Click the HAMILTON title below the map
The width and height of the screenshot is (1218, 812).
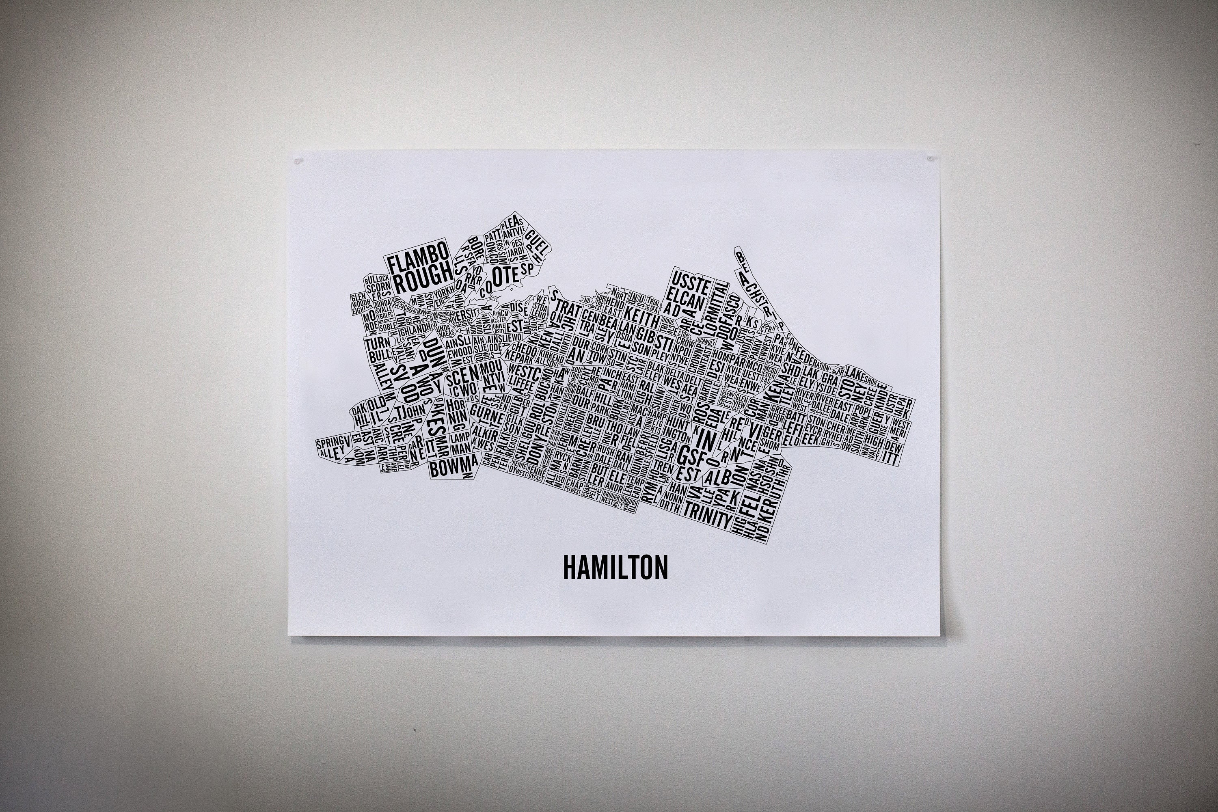(615, 568)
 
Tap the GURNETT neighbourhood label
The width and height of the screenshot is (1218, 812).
(487, 416)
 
